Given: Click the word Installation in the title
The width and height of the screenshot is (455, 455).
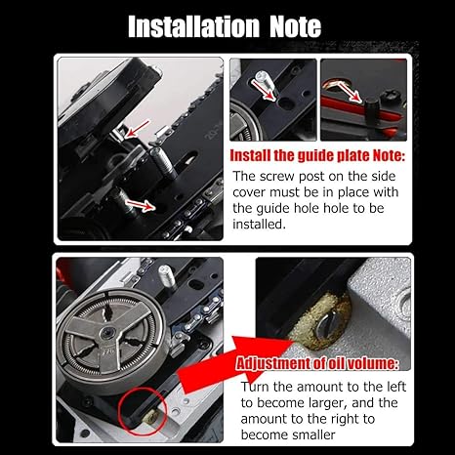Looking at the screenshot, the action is pyautogui.click(x=193, y=26).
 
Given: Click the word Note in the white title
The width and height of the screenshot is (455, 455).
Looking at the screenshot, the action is pyautogui.click(x=296, y=26).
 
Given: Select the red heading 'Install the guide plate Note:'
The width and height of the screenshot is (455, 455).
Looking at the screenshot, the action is pyautogui.click(x=317, y=155).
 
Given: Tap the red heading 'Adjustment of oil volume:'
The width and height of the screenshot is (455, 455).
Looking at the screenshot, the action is pyautogui.click(x=317, y=363).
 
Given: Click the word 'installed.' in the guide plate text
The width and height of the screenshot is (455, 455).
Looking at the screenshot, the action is pyautogui.click(x=259, y=224).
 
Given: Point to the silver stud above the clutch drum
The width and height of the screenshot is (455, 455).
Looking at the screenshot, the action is pyautogui.click(x=167, y=276).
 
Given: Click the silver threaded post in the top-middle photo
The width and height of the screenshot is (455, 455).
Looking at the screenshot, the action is pyautogui.click(x=263, y=79).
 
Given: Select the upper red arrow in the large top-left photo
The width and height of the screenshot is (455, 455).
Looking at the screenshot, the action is pyautogui.click(x=138, y=129).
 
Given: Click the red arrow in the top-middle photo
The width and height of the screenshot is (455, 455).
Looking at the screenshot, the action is pyautogui.click(x=265, y=90).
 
